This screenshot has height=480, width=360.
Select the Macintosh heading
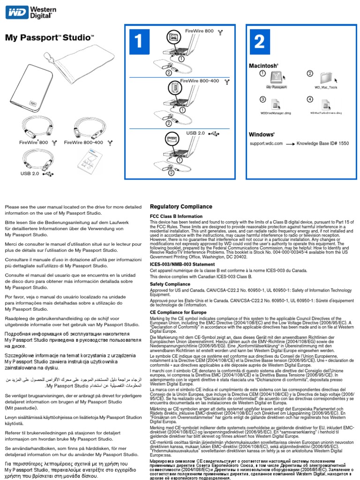coord(263,66)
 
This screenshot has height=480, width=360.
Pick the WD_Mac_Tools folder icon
coord(325,78)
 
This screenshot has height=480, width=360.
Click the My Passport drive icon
coord(276,79)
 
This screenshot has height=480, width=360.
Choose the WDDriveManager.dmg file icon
coord(276,104)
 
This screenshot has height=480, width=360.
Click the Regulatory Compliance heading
coord(180,207)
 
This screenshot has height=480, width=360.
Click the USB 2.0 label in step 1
coord(196,133)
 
